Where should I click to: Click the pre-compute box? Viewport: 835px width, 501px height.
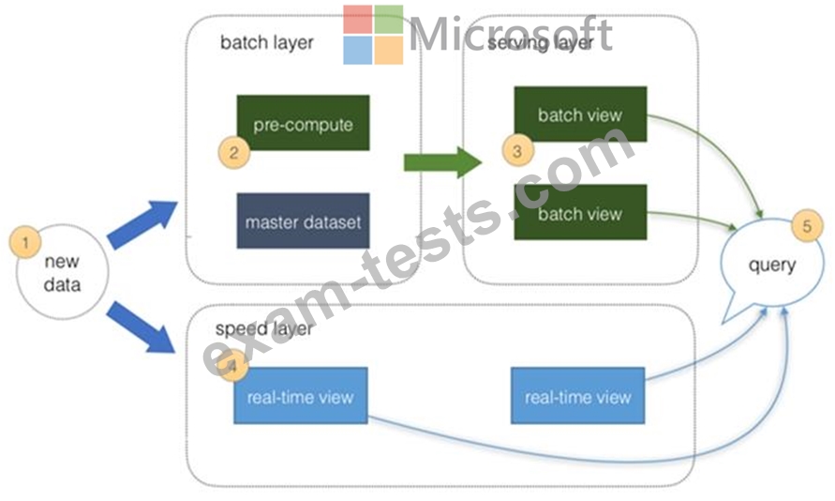pyautogui.click(x=303, y=123)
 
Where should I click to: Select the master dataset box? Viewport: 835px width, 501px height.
pyautogui.click(x=303, y=221)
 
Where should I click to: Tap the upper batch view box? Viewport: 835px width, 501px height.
pyautogui.click(x=580, y=115)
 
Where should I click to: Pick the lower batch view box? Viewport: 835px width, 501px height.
pyautogui.click(x=580, y=213)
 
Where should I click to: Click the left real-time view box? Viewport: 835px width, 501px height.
pyautogui.click(x=300, y=396)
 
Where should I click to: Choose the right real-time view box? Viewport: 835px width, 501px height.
pyautogui.click(x=578, y=396)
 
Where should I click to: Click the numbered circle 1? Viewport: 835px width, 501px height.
pyautogui.click(x=27, y=243)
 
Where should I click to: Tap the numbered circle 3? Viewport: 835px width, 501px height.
pyautogui.click(x=517, y=148)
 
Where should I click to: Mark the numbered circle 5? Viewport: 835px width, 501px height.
pyautogui.click(x=807, y=225)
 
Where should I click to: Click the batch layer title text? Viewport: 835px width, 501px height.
pyautogui.click(x=267, y=42)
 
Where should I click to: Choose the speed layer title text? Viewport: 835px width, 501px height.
pyautogui.click(x=263, y=329)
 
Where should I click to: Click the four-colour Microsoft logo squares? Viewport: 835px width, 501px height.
pyautogui.click(x=372, y=35)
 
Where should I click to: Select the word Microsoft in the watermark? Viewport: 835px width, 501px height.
pyautogui.click(x=511, y=34)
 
